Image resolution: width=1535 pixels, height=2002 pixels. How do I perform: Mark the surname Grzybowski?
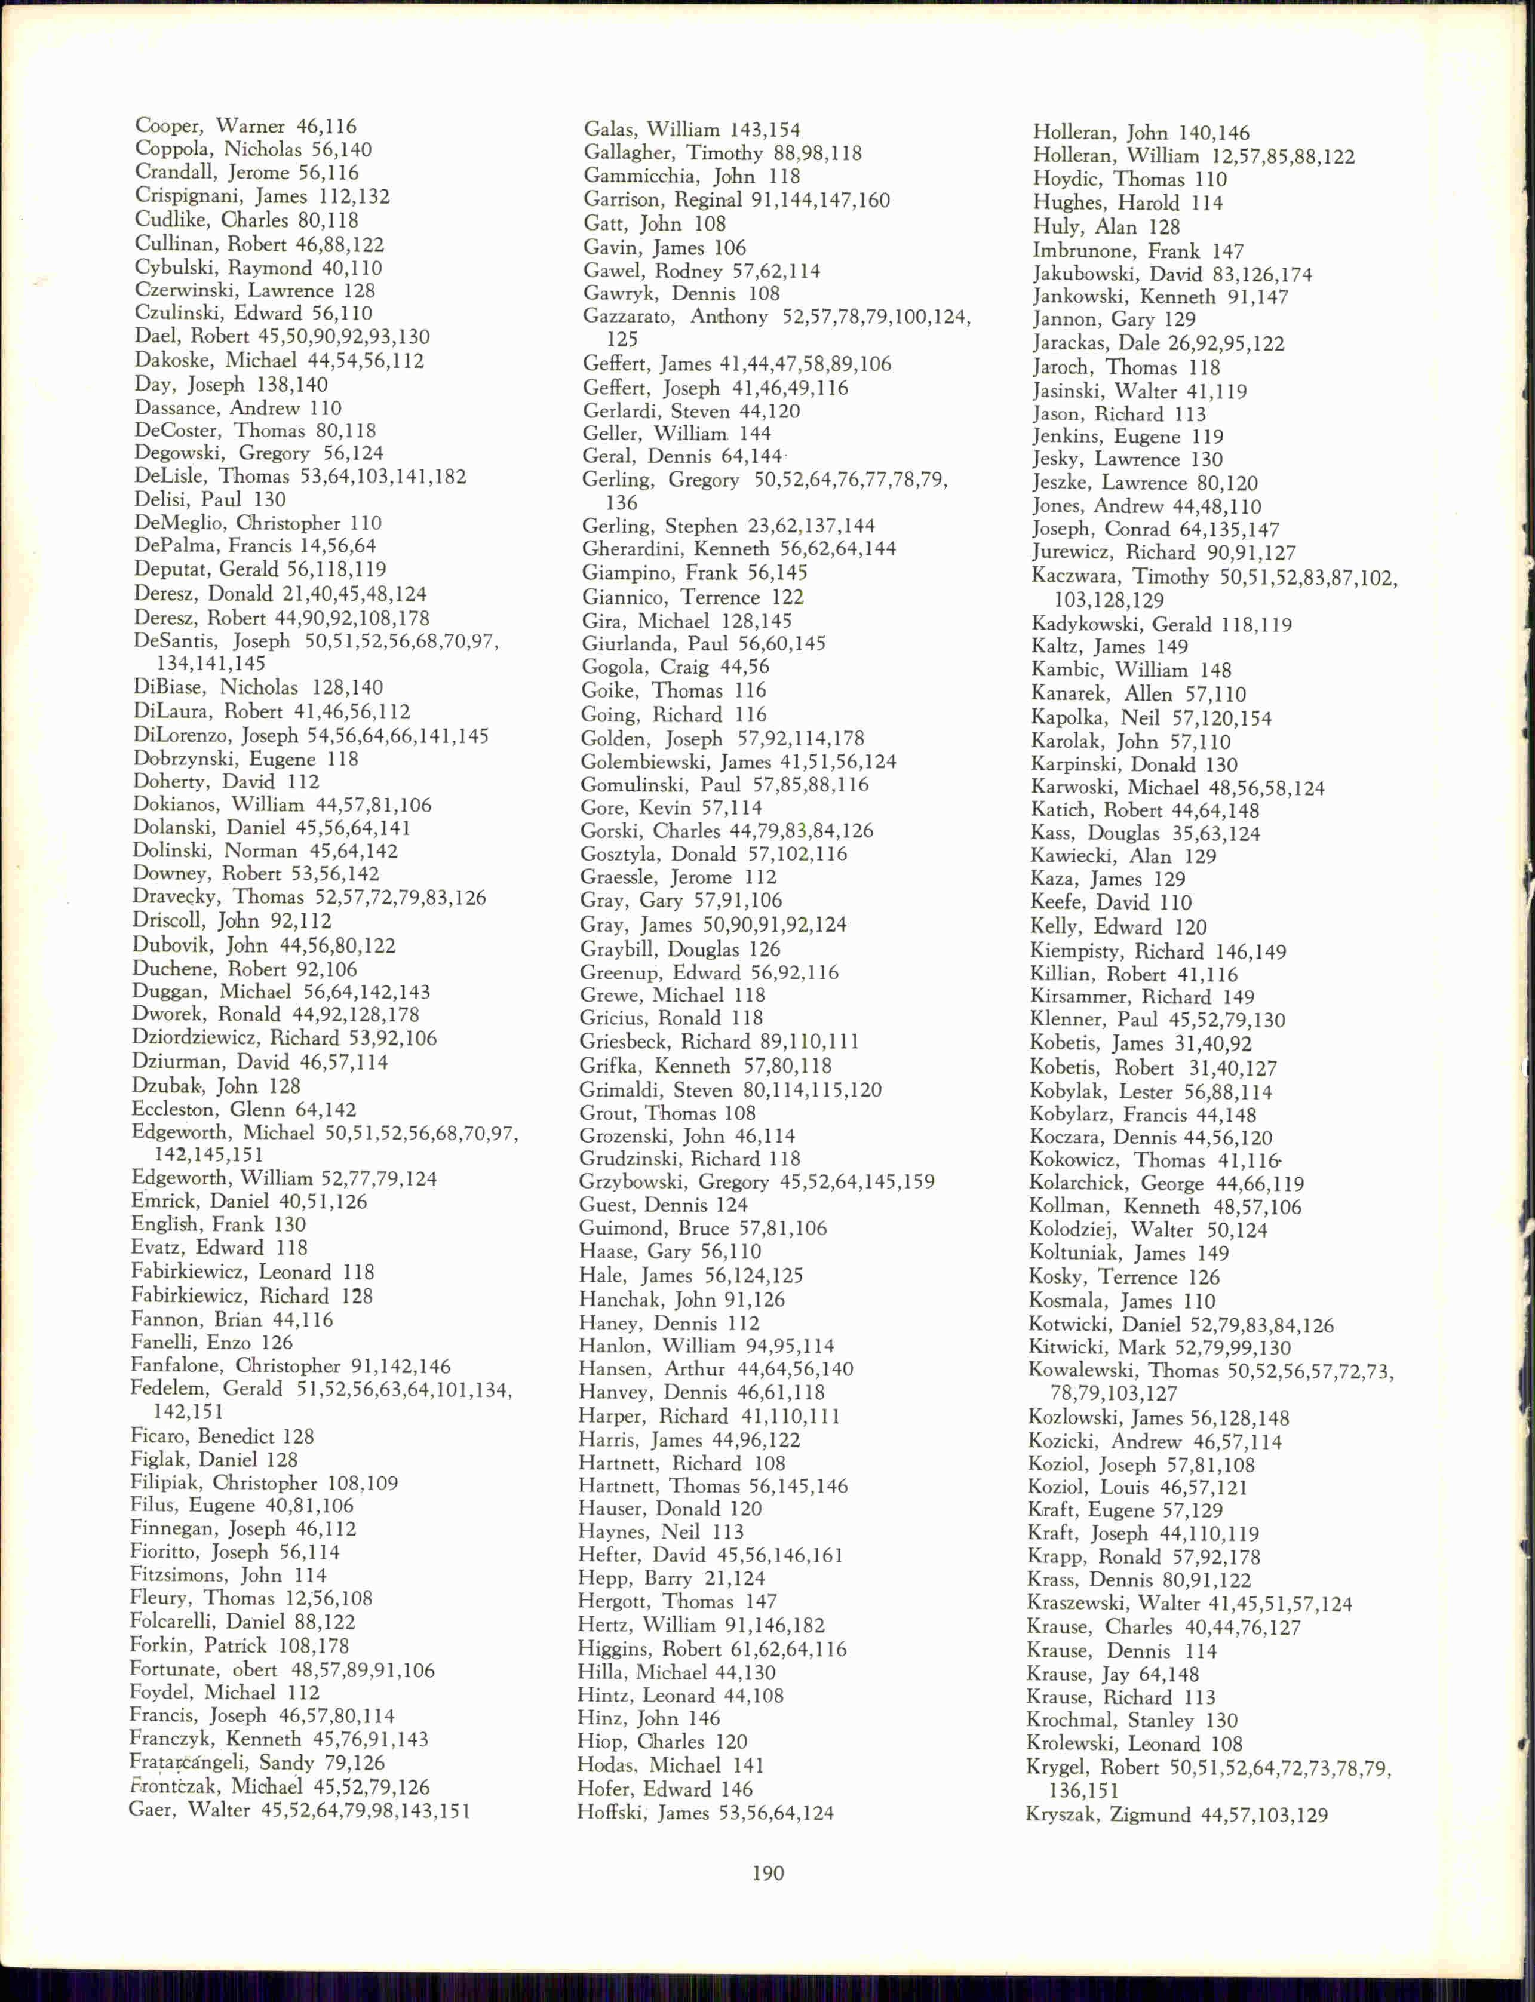tap(635, 1181)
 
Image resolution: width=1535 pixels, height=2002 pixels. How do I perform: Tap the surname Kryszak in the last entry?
tap(1062, 1814)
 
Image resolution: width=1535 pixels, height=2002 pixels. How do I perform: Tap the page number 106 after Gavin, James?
tap(729, 248)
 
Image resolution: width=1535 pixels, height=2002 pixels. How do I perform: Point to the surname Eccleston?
tap(174, 1109)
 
